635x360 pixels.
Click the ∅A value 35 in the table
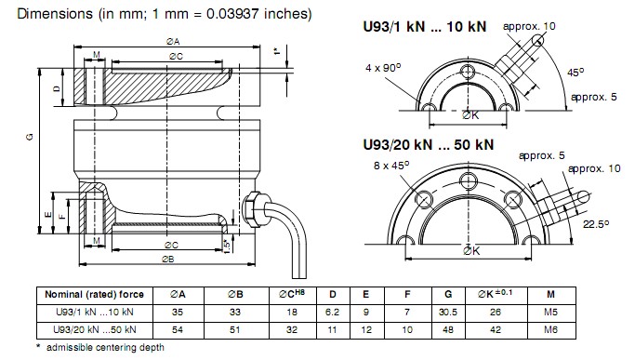(178, 313)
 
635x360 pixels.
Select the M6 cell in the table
(550, 329)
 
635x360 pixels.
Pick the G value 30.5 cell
(448, 313)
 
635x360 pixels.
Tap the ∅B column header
(235, 295)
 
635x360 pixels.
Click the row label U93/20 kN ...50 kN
(95, 329)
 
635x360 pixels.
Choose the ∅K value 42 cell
(496, 329)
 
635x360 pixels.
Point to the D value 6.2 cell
(332, 313)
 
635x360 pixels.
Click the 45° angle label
(575, 73)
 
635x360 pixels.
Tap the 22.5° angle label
(596, 224)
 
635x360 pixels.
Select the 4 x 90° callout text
(383, 67)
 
